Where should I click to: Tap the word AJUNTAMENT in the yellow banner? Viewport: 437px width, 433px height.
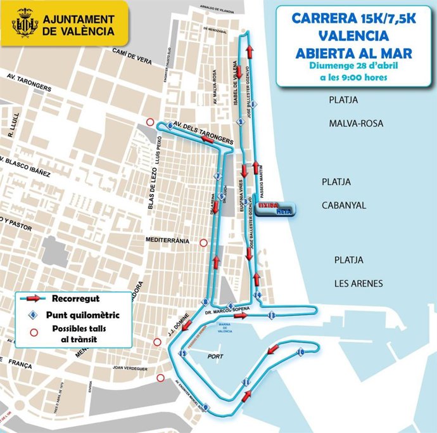pos(79,18)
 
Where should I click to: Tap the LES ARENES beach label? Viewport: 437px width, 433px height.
pos(358,283)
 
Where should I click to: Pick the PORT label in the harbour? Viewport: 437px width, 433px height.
pos(215,356)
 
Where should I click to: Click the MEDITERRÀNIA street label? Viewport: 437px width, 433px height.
pos(167,242)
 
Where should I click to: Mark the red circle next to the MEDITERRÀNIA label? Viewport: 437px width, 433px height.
pos(203,242)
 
